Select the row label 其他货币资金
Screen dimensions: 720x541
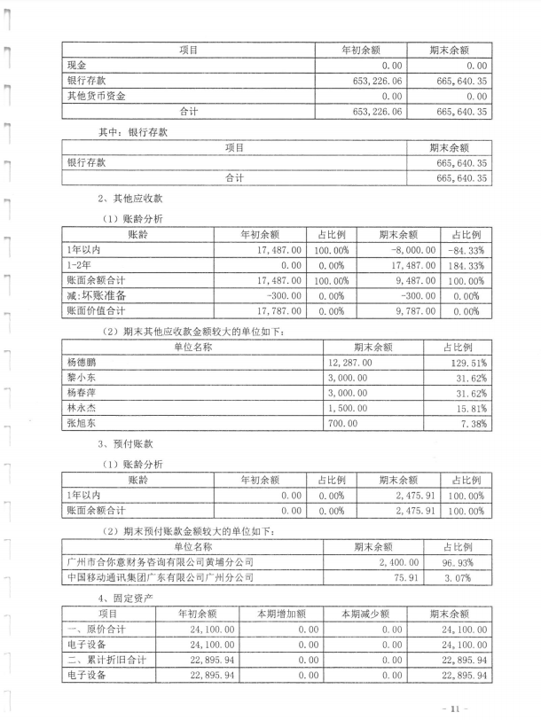point(97,96)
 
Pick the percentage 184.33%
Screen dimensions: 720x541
point(467,265)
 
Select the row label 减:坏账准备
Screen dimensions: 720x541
point(97,295)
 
